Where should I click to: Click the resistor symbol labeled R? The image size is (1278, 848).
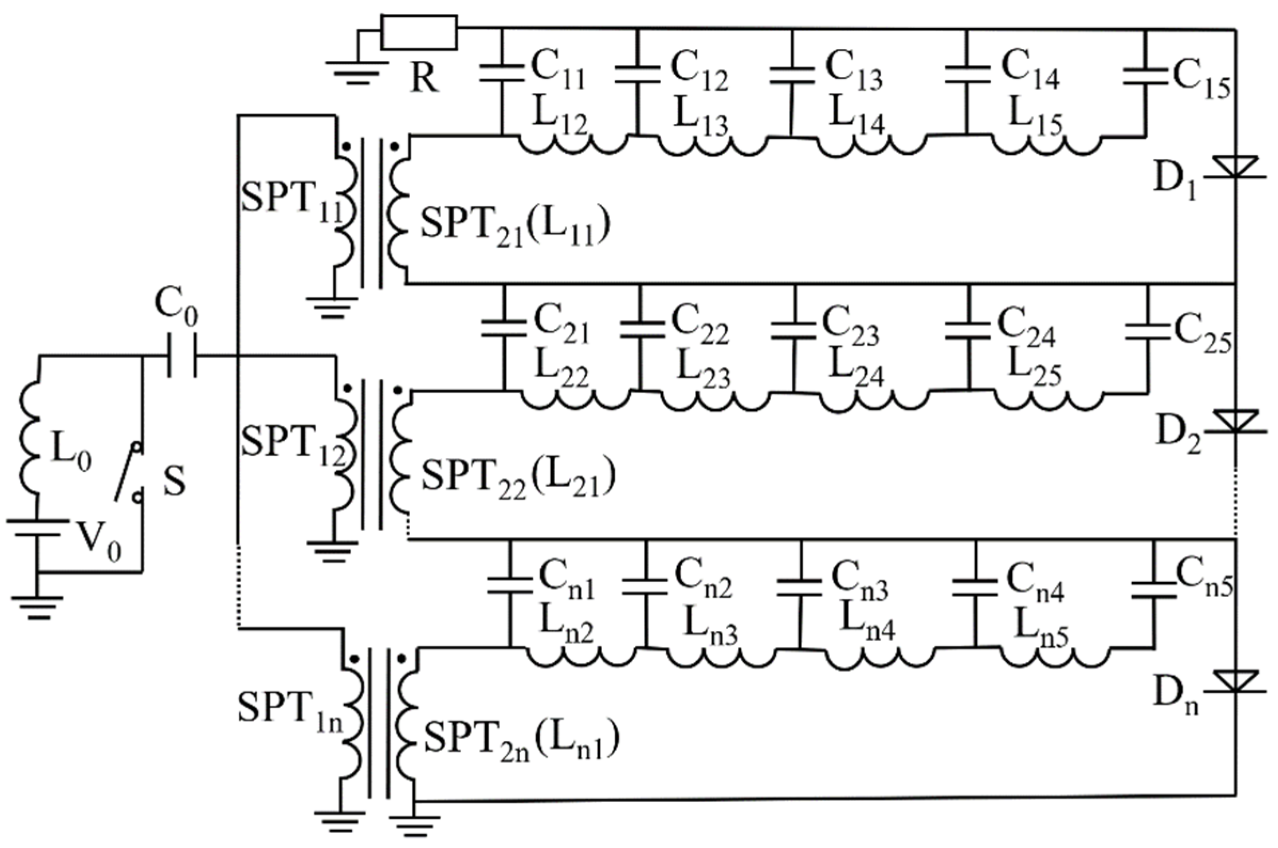click(x=419, y=33)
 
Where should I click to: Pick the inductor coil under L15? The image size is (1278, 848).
click(x=1046, y=146)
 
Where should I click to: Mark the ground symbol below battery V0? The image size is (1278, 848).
click(x=38, y=605)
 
